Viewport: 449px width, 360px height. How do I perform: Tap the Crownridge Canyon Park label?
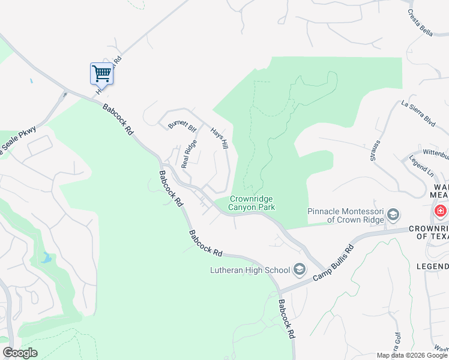(252, 203)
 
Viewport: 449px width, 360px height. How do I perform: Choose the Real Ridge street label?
(189, 154)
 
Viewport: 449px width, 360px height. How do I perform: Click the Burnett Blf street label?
(182, 125)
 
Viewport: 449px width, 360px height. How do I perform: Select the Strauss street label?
(375, 151)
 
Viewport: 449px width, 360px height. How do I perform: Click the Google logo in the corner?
(20, 353)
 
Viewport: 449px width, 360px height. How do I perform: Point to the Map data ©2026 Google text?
(411, 355)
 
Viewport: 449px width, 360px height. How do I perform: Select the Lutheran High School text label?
(250, 270)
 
